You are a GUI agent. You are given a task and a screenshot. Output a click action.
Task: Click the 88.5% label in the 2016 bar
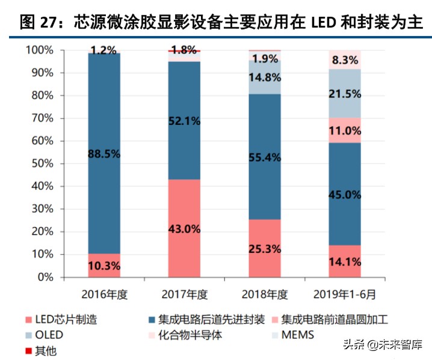pyautogui.click(x=104, y=154)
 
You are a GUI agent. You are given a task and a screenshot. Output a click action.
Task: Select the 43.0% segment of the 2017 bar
pyautogui.click(x=185, y=229)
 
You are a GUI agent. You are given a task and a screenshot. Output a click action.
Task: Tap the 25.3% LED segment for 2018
pyautogui.click(x=265, y=248)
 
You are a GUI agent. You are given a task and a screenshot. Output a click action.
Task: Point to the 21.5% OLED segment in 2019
pyautogui.click(x=345, y=94)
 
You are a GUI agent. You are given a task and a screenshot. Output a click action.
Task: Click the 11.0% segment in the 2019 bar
pyautogui.click(x=345, y=130)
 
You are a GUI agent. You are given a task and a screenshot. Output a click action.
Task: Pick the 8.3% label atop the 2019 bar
pyautogui.click(x=345, y=60)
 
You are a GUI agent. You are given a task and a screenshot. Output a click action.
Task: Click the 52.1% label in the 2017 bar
pyautogui.click(x=185, y=121)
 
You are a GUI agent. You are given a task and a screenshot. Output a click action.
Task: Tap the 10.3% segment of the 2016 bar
pyautogui.click(x=104, y=265)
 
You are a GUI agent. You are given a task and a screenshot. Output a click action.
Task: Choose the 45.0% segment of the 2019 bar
pyautogui.click(x=345, y=194)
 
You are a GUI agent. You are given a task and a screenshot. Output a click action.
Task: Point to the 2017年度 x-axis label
pyautogui.click(x=185, y=294)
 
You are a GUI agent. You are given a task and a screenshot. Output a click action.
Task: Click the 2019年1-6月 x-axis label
pyautogui.click(x=345, y=294)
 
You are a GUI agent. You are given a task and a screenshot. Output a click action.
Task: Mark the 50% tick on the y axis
pyautogui.click(x=42, y=163)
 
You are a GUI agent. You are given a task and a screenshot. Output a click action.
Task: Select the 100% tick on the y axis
pyautogui.click(x=40, y=50)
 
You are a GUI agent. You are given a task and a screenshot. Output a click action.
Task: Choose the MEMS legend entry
pyautogui.click(x=292, y=335)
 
